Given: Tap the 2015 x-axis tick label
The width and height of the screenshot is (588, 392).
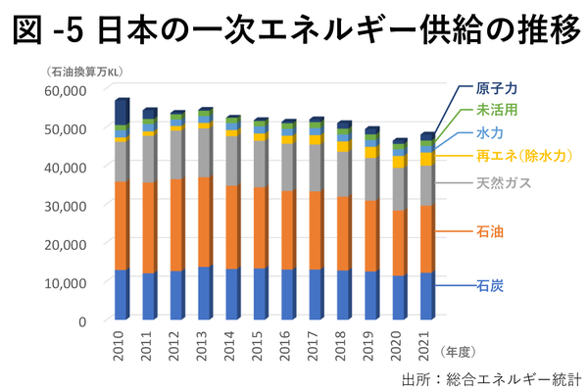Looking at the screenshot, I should pos(261,348).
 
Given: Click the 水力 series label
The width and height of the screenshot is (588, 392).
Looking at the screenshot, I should pos(490,132).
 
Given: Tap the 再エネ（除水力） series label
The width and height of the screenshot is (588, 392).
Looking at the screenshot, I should pos(523,155).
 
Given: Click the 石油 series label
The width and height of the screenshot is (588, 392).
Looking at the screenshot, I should pos(490,231).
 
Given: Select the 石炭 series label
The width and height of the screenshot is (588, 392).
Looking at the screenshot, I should pos(490,286).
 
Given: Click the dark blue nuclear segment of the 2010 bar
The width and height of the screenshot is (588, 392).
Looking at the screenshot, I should pos(122,112).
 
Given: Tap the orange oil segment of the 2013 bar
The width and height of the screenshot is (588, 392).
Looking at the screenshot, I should pos(205,221).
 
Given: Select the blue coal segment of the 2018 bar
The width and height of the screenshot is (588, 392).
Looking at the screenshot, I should pos(344,295).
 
